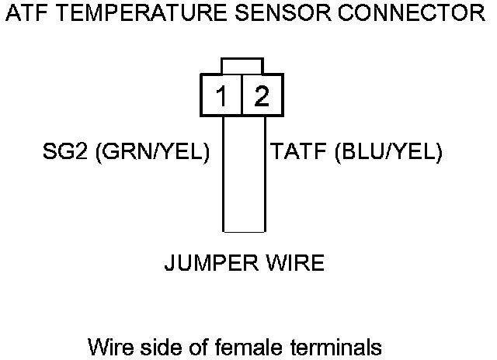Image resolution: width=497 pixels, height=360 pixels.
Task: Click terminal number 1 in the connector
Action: pyautogui.click(x=222, y=96)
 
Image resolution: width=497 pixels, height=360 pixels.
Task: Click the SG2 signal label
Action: pyautogui.click(x=64, y=153)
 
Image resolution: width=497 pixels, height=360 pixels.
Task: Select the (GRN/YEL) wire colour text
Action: pyautogui.click(x=151, y=153)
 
